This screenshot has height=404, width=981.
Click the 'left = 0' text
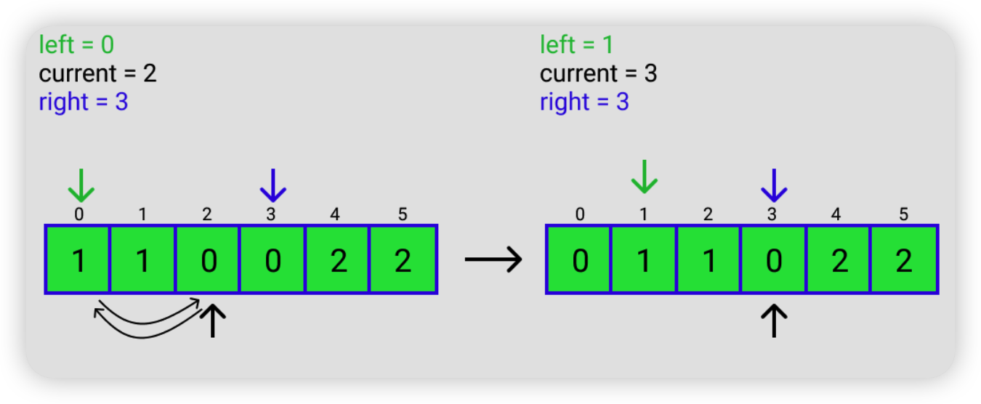76,44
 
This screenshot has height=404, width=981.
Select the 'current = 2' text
97,73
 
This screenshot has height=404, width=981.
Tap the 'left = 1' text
576,44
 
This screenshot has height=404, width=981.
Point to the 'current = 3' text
598,73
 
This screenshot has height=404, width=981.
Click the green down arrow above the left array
81,185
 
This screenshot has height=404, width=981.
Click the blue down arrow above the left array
272,185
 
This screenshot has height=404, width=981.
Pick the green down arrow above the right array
645,177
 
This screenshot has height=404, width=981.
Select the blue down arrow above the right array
774,185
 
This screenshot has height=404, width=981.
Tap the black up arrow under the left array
213,321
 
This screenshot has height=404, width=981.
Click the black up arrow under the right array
774,321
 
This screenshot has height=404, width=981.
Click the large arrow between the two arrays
493,259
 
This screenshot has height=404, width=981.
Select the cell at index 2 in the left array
207,259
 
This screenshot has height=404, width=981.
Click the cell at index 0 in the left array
78,259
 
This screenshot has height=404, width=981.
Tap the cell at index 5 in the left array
403,259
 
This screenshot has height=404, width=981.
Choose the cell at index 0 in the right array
579,259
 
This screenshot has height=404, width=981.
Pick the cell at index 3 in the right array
773,259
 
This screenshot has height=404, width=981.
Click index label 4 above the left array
335,214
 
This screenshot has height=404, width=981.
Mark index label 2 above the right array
708,214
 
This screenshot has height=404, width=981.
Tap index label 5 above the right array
903,214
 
